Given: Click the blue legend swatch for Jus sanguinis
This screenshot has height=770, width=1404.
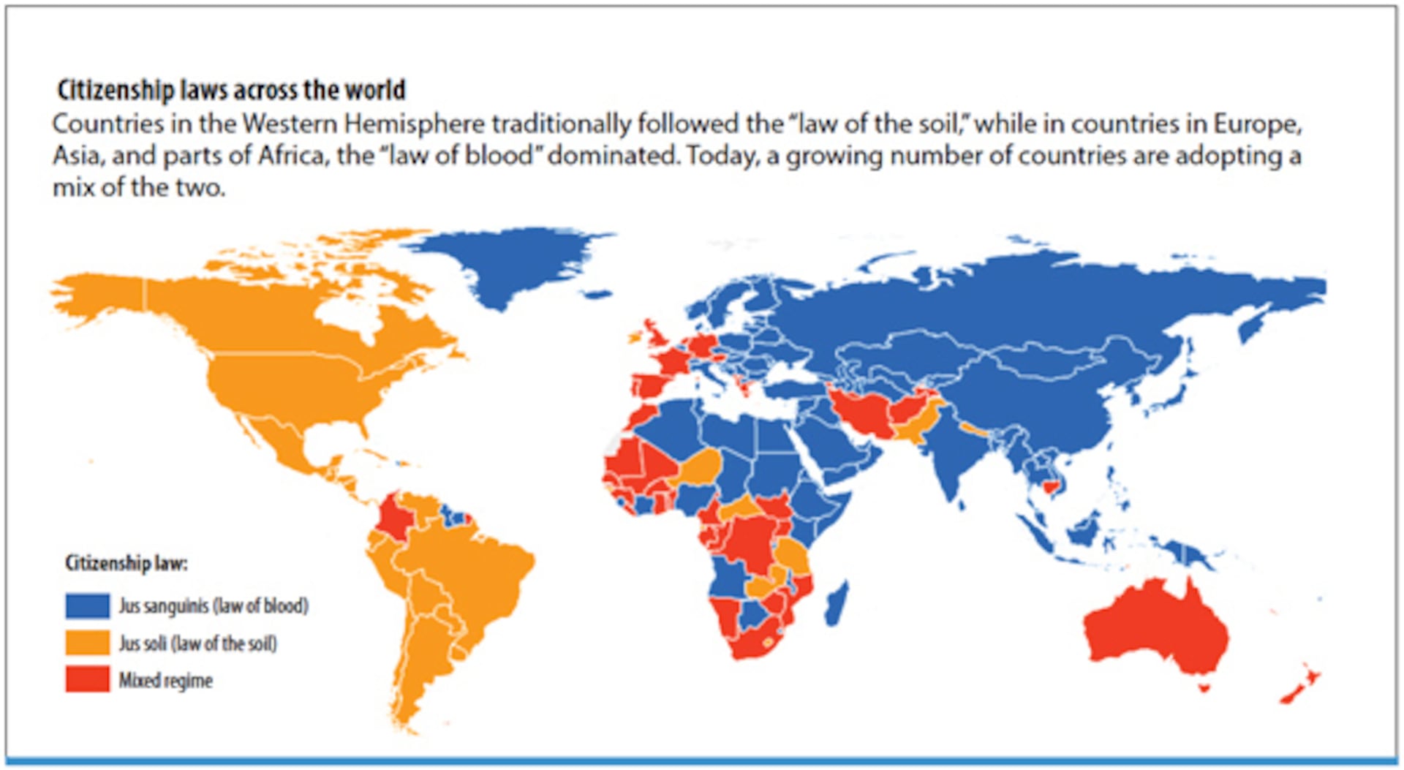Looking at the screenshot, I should point(87,605).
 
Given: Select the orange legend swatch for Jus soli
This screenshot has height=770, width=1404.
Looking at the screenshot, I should point(87,643).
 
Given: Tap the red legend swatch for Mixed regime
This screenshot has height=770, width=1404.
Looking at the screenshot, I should point(87,679).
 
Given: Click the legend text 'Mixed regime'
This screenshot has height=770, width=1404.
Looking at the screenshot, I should point(165,681).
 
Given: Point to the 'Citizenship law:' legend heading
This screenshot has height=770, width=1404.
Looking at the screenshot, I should point(127,563).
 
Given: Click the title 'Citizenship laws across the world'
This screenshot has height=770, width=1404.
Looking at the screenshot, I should point(231,90).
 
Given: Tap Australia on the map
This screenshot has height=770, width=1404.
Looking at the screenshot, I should point(1155,629).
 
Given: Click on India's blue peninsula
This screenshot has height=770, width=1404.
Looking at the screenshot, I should point(951,461).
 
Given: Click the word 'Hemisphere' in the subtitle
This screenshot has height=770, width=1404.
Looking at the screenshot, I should point(414,124).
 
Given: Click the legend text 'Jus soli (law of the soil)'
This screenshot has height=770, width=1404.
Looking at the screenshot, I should point(198,643).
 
